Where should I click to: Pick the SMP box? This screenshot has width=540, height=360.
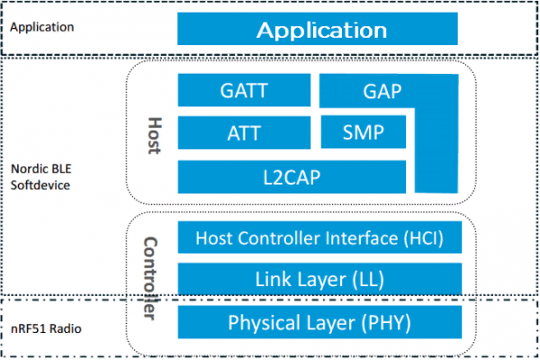[x=364, y=133]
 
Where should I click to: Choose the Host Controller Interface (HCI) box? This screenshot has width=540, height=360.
[x=320, y=238]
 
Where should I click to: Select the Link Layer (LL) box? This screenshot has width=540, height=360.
[x=320, y=279]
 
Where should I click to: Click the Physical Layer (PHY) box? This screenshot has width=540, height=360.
[x=320, y=322]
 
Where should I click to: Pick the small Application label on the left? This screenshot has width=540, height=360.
[x=42, y=27]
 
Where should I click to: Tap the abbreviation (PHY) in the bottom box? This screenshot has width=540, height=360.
[x=387, y=322]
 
